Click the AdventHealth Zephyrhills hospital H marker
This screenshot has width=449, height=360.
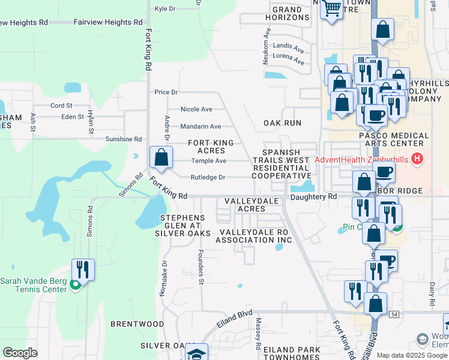click(418, 160)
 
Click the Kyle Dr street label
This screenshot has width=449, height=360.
click(164, 9)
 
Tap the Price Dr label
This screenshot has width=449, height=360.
click(166, 92)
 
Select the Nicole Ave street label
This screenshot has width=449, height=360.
click(196, 109)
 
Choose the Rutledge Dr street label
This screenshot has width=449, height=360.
click(208, 177)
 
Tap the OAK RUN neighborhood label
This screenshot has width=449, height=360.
click(282, 122)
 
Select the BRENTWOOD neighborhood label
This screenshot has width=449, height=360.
click(137, 323)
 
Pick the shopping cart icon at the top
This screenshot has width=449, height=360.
click(331, 8)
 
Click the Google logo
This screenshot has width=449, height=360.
click(20, 353)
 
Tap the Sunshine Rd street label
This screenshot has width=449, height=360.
click(123, 139)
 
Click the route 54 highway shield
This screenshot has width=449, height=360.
click(394, 314)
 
